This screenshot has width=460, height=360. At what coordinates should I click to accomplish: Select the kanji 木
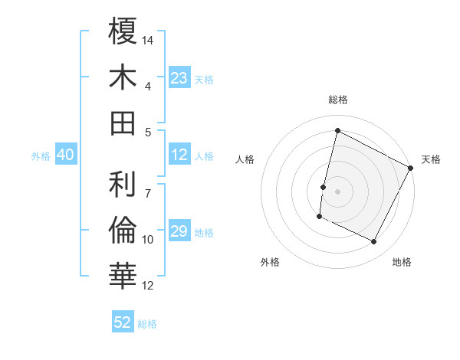[x=123, y=77]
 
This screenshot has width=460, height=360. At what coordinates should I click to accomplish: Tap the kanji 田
[x=123, y=123]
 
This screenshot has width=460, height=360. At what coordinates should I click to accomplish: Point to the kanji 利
[x=123, y=184]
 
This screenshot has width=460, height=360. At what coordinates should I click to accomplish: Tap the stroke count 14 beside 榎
[x=149, y=40]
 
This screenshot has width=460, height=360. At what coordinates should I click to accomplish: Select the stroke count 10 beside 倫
[x=149, y=240]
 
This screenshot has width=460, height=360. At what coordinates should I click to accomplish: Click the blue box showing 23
[x=179, y=78]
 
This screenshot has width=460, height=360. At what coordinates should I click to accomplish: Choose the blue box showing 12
[x=179, y=155]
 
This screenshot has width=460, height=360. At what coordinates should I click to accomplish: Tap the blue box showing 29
[x=179, y=231]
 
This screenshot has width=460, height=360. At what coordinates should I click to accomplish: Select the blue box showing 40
[x=65, y=155]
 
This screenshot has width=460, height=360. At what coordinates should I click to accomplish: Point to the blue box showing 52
[x=123, y=322]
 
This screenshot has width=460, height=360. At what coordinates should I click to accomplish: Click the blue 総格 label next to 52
[x=148, y=324]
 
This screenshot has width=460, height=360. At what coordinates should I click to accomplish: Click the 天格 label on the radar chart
[x=431, y=159]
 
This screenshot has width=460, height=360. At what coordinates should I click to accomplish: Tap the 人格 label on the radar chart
[x=245, y=159]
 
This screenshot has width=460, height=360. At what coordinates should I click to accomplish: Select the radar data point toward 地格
[x=374, y=242]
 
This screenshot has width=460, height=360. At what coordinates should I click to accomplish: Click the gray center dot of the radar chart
[x=337, y=191]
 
